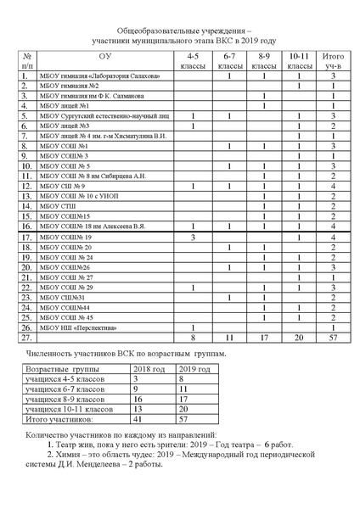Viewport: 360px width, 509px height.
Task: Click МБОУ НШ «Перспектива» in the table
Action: tap(82, 327)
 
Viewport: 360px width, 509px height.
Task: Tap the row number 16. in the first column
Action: tap(27, 226)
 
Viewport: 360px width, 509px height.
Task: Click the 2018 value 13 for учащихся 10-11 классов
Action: tap(140, 407)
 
